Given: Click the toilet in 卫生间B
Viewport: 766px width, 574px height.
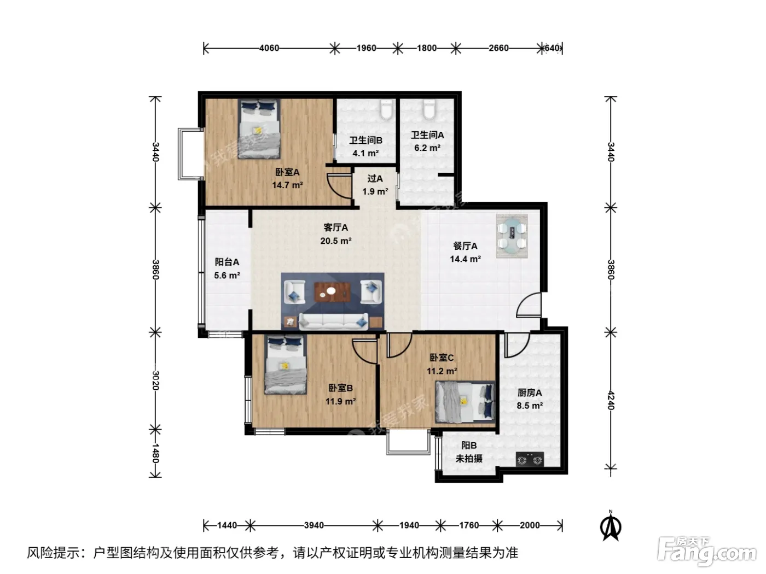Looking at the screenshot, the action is click(x=386, y=109).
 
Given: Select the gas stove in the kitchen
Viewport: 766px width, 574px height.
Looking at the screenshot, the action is click(x=530, y=459).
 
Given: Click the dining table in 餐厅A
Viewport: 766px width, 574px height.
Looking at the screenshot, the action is click(x=512, y=236).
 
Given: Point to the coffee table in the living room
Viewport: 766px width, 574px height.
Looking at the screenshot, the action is click(x=333, y=292).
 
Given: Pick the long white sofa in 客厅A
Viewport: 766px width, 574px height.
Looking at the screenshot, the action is click(x=334, y=321).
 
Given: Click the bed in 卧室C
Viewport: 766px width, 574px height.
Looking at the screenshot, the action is click(x=465, y=401).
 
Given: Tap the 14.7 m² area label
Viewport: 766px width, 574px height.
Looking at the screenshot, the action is click(x=287, y=185).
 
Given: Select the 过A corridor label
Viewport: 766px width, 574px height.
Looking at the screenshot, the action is click(x=375, y=179).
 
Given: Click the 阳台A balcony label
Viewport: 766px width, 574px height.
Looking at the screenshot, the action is click(x=227, y=262).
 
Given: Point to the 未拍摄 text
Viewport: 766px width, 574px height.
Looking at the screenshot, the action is click(x=469, y=459).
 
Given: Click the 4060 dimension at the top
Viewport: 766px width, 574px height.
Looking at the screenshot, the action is click(x=269, y=48).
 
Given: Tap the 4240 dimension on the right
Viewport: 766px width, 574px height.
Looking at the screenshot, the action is click(x=611, y=400).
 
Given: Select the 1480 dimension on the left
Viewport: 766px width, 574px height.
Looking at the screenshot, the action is click(x=155, y=453).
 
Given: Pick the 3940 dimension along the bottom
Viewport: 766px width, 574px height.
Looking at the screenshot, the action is click(x=314, y=525).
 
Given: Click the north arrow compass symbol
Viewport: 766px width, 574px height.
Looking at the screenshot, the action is click(x=611, y=525).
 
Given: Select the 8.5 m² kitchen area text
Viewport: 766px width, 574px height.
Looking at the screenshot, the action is click(x=530, y=406).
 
